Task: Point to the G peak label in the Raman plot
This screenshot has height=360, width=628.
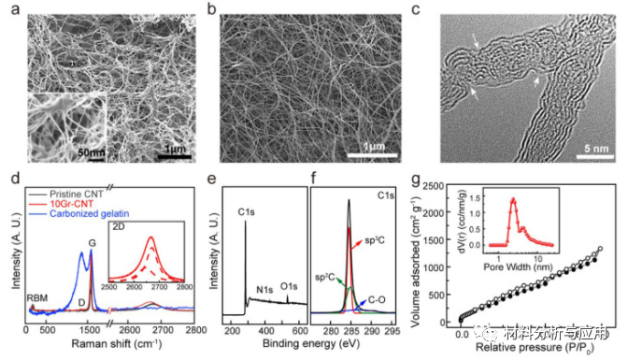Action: tap(92, 245)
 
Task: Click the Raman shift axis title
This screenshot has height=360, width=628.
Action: tap(105, 347)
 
